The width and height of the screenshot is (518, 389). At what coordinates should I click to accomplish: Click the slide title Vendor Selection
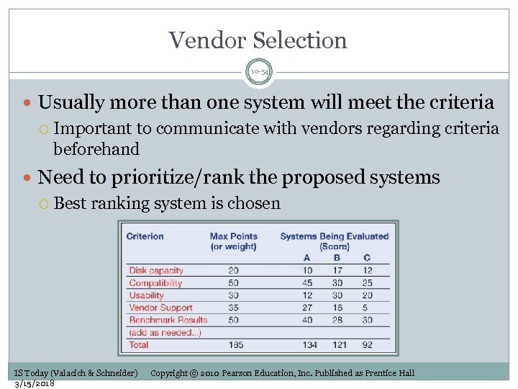coord(258,40)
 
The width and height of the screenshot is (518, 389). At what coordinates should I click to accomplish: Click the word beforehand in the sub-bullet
coord(96,148)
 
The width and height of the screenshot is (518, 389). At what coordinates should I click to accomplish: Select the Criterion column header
coord(145,236)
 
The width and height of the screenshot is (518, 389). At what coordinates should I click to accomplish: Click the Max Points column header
coord(233,236)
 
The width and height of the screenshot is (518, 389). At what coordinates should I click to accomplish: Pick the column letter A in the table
coord(307,258)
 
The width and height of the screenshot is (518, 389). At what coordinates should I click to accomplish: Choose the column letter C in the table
coord(367,258)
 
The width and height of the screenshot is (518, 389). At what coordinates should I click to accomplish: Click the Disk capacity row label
coord(156,271)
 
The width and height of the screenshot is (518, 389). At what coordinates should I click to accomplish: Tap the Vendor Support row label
coord(160,308)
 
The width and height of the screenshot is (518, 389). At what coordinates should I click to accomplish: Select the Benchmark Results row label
coord(168,320)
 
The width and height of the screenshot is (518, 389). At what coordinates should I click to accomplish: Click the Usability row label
coord(146,295)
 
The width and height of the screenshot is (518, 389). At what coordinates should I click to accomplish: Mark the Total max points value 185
coord(233,345)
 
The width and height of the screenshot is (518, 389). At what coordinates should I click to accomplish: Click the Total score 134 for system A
coord(309,345)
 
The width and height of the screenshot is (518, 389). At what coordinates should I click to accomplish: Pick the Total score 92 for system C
coord(367,345)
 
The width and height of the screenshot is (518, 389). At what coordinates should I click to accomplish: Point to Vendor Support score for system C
coord(368,308)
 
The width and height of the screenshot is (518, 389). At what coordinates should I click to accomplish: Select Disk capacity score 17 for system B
coord(337,271)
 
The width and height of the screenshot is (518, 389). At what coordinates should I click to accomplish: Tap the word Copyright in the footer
coord(169,372)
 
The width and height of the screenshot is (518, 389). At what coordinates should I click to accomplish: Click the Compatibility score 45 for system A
coord(307,283)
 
